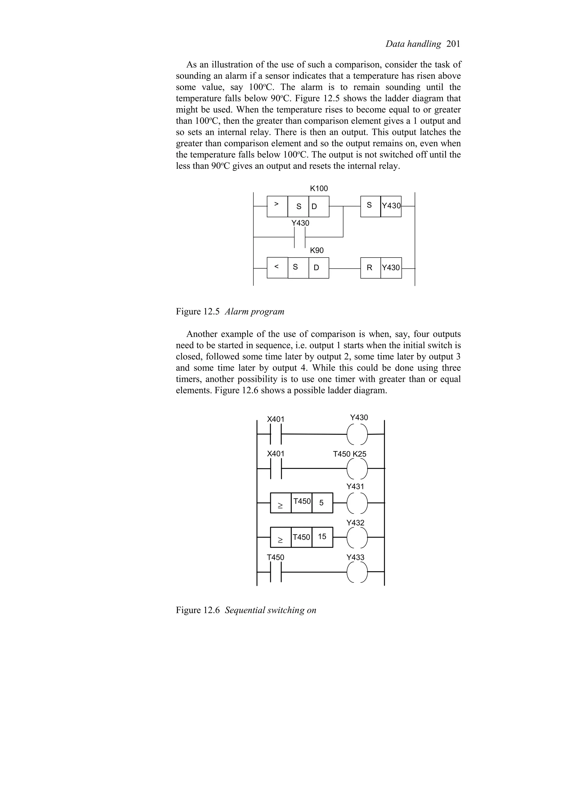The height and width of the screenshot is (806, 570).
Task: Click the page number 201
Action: click(x=453, y=44)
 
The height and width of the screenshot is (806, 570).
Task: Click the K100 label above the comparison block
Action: click(x=319, y=189)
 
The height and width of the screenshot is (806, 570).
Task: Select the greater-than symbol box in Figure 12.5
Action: click(x=277, y=206)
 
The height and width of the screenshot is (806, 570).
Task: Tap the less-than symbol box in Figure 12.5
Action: click(x=277, y=268)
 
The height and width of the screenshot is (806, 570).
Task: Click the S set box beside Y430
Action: click(x=370, y=206)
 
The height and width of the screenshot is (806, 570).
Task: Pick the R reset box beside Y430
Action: click(x=370, y=268)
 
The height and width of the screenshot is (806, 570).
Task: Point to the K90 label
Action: click(x=316, y=250)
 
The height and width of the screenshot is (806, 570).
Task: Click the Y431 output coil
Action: click(x=357, y=503)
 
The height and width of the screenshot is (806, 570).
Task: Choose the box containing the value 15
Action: click(x=322, y=537)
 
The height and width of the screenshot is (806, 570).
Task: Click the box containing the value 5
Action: click(x=322, y=503)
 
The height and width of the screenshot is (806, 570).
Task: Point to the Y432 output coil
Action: click(x=357, y=537)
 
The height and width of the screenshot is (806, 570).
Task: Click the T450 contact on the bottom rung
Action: click(x=276, y=572)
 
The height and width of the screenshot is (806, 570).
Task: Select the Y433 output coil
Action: click(x=357, y=572)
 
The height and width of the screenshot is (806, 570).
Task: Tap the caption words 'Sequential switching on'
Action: click(x=271, y=610)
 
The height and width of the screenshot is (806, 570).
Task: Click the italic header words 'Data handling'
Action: click(x=413, y=44)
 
